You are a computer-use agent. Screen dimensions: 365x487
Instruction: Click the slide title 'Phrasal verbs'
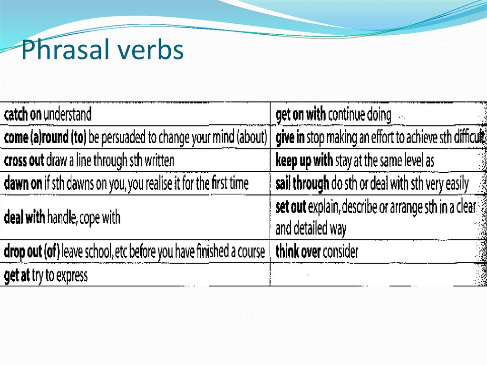(102, 50)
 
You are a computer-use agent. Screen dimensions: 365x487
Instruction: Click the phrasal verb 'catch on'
(22, 115)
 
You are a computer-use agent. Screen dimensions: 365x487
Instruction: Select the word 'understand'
(67, 115)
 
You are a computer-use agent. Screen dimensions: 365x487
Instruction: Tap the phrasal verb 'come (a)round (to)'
(45, 138)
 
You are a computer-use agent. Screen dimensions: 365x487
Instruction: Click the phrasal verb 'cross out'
(24, 160)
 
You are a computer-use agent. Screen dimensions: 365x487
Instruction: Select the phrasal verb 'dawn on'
(23, 184)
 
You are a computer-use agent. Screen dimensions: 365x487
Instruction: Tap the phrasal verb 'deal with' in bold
(24, 218)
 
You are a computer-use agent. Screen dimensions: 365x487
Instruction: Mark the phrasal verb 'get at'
(17, 276)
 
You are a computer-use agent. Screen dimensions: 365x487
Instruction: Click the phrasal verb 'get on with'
(301, 115)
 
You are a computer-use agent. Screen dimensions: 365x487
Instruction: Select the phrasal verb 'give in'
(290, 138)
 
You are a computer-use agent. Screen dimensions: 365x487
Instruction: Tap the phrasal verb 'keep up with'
(304, 161)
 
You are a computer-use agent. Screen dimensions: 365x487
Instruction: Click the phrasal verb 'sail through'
(302, 184)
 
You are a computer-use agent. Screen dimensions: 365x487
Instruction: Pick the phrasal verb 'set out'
(291, 207)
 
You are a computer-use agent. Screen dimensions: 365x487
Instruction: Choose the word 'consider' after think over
(340, 252)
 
